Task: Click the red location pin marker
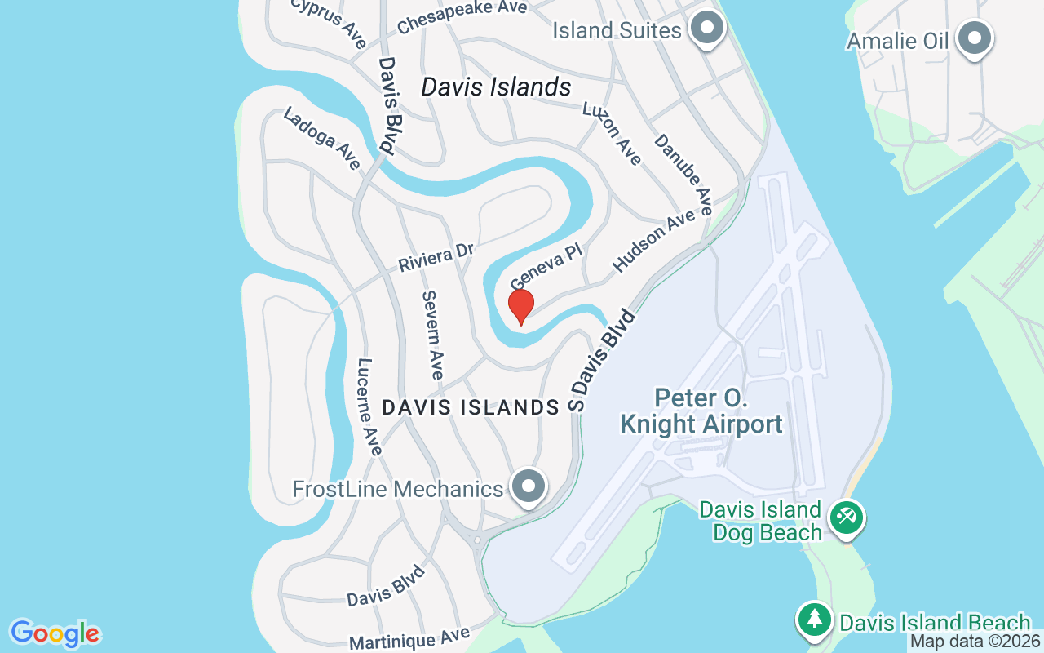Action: (520, 306)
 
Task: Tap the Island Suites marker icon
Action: (706, 29)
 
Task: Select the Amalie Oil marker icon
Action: (973, 38)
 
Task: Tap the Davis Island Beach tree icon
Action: (814, 619)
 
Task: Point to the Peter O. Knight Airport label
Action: (701, 412)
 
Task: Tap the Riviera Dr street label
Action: (436, 258)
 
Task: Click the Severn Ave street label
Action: (432, 334)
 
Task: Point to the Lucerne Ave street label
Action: (369, 406)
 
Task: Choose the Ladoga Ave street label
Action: (321, 139)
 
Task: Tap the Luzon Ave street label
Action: (612, 133)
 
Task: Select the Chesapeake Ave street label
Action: (462, 17)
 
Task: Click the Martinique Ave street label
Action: (409, 637)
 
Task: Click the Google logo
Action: (55, 633)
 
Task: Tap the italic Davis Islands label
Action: (496, 87)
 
